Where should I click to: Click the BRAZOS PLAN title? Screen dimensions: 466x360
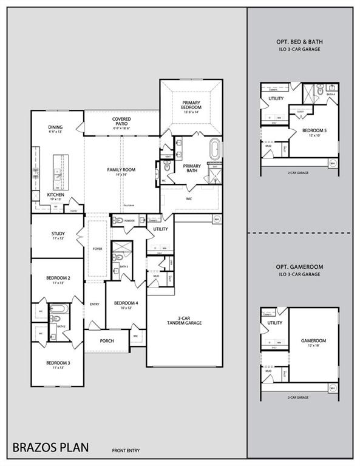pyautogui.click(x=50, y=448)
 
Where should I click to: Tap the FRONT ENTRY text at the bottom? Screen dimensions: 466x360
pyautogui.click(x=126, y=450)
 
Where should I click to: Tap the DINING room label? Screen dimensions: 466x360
pyautogui.click(x=55, y=127)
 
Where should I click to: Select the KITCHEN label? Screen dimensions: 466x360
pyautogui.click(x=55, y=195)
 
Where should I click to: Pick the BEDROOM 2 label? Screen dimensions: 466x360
pyautogui.click(x=58, y=278)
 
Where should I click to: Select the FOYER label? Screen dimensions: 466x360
pyautogui.click(x=97, y=248)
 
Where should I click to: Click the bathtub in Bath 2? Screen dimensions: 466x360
pyautogui.click(x=59, y=314)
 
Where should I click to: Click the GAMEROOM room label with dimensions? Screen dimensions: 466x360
pyautogui.click(x=313, y=343)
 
